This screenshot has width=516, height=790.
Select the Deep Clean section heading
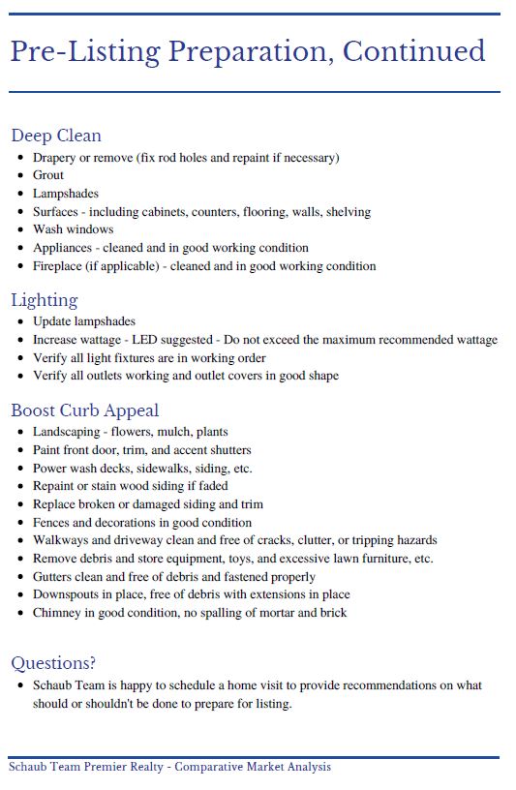click(56, 136)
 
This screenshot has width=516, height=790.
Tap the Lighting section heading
click(45, 300)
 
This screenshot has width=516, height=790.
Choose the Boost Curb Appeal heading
click(85, 410)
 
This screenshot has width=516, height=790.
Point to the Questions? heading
click(53, 663)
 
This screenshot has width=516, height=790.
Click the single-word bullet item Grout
click(48, 175)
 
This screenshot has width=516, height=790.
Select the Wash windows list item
click(73, 229)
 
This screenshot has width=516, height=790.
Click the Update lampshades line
click(84, 321)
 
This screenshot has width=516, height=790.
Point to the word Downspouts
click(64, 594)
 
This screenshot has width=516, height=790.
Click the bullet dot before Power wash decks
click(20, 469)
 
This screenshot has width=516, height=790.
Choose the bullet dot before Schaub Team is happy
click(20, 685)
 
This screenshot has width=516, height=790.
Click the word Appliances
click(62, 248)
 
